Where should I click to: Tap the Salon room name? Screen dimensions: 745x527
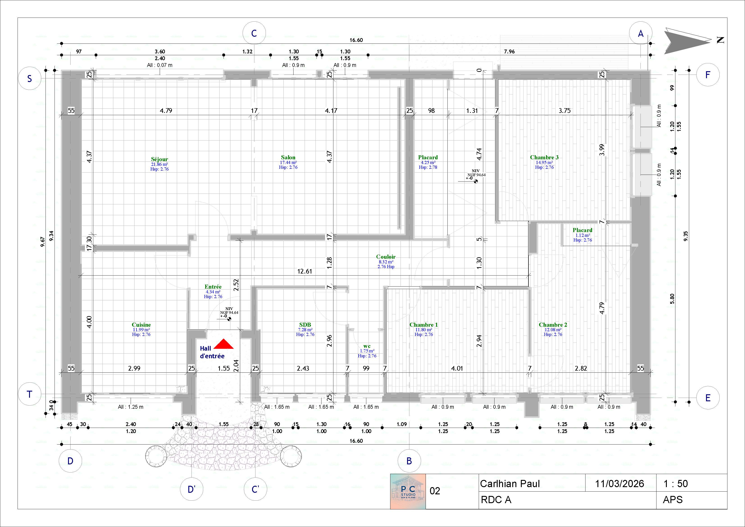point(288,157)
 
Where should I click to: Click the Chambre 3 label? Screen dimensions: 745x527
point(544,157)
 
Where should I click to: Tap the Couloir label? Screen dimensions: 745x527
point(386,257)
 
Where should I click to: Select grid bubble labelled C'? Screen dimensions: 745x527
point(255,489)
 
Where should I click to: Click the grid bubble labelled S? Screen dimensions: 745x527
point(30,79)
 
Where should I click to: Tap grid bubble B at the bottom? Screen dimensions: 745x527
point(409,461)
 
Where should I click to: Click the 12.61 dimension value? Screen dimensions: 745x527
point(304,271)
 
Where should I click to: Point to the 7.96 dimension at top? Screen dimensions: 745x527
point(509,51)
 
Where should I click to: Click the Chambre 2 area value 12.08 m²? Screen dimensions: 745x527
point(553,330)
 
